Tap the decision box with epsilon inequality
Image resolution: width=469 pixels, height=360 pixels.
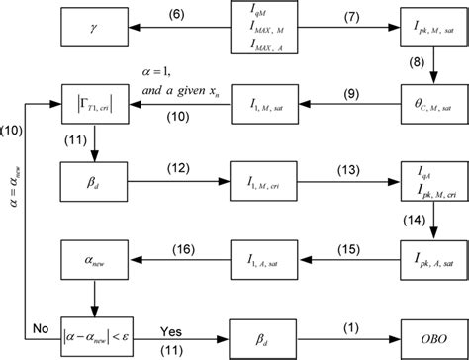click(94, 332)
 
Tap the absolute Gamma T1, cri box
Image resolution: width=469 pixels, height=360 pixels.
click(94, 102)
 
